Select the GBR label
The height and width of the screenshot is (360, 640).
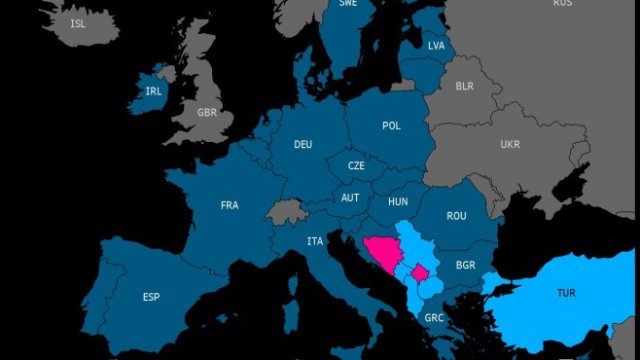tap(207, 112)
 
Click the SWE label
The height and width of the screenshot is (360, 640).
tap(348, 4)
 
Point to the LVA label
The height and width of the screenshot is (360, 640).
tap(435, 45)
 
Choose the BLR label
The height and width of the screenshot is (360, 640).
tap(463, 87)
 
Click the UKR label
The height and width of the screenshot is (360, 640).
tap(510, 143)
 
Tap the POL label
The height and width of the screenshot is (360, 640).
tap(391, 126)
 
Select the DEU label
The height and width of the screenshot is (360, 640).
tap(303, 144)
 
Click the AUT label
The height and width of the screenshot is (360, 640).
tap(350, 197)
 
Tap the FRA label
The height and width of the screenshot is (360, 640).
tap(229, 206)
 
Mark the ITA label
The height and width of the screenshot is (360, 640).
tap(315, 241)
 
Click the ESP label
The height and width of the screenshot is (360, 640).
tap(151, 297)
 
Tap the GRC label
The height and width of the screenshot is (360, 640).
tap(434, 318)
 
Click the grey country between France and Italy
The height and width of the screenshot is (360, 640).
tap(287, 211)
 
